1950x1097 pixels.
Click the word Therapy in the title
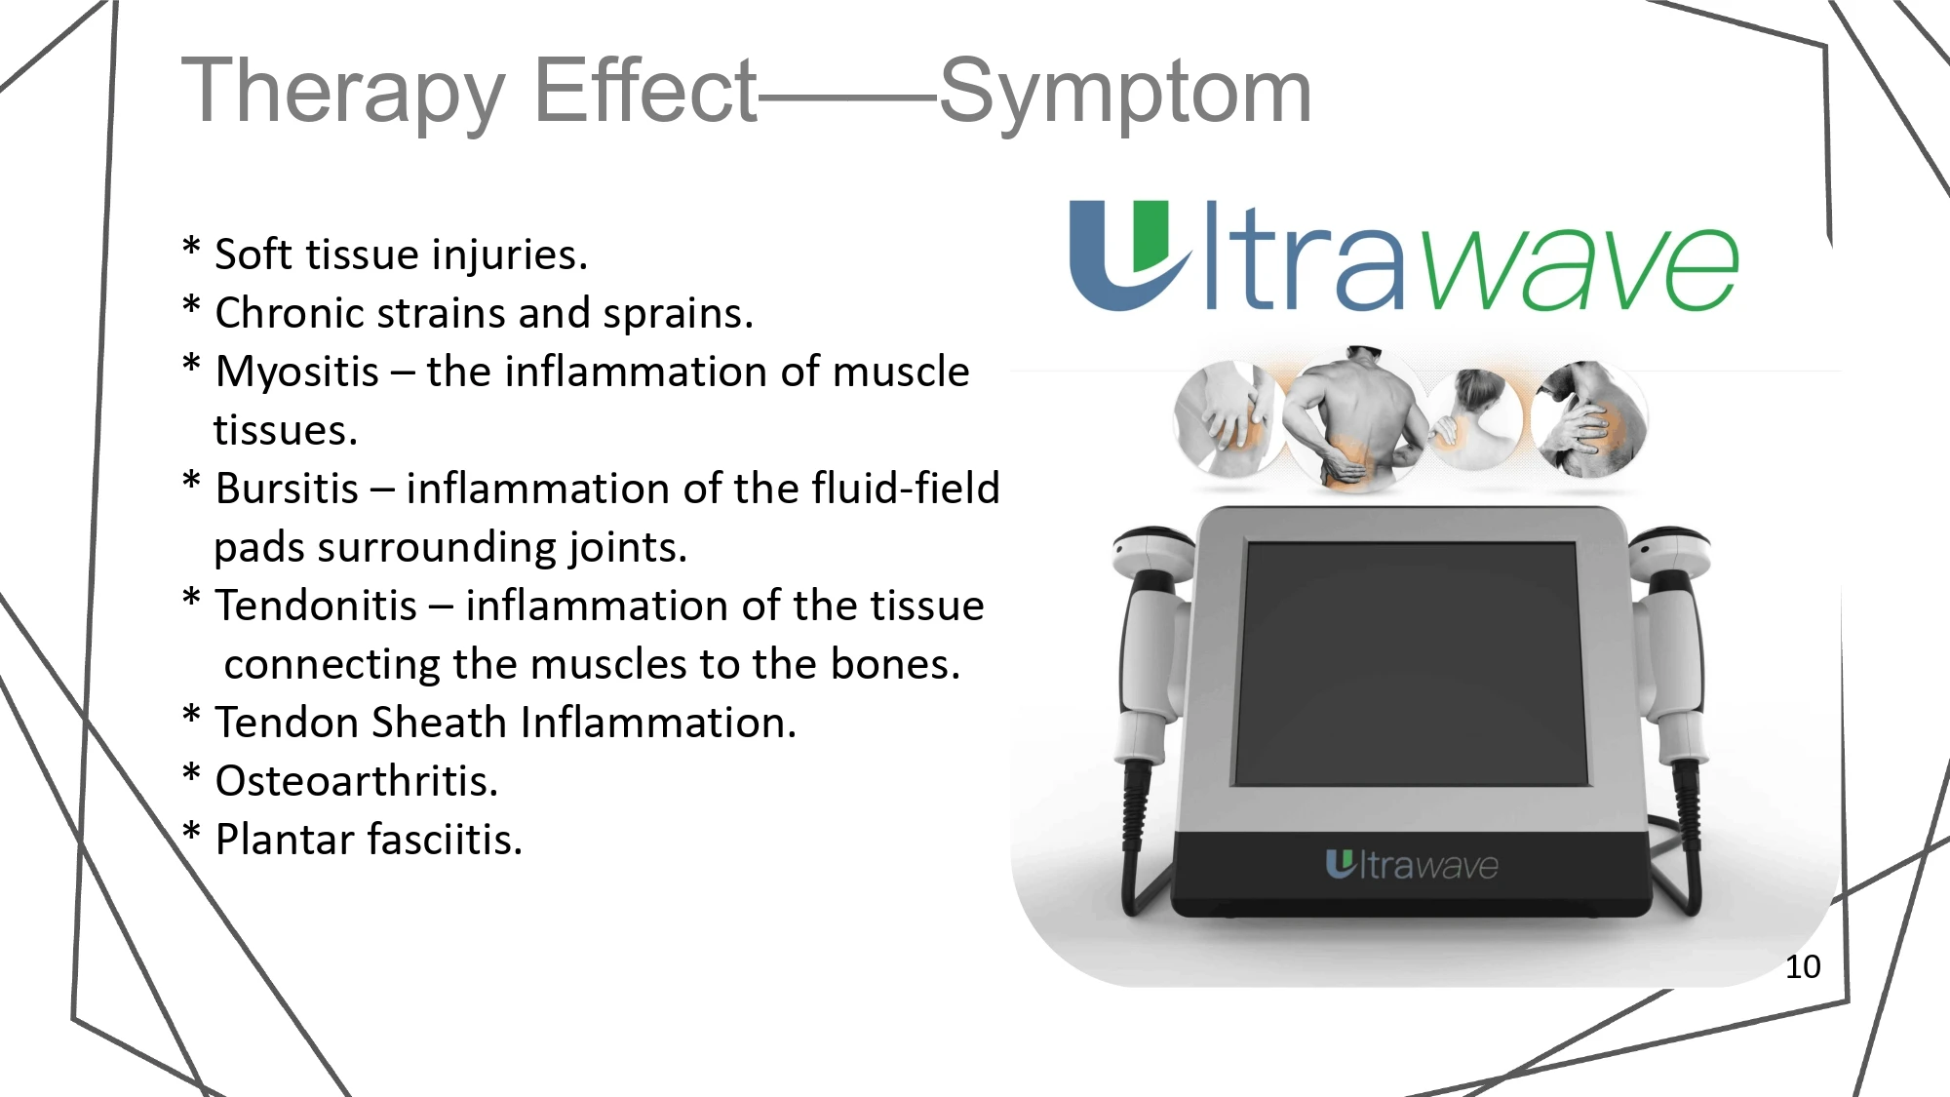pos(343,93)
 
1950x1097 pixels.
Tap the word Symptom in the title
pos(1125,93)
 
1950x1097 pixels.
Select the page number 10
pos(1803,966)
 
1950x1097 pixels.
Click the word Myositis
pos(296,372)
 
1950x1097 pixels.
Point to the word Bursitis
pos(287,489)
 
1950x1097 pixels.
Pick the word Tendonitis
pos(316,606)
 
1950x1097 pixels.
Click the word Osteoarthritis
pos(356,781)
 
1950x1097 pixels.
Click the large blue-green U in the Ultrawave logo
pos(1128,255)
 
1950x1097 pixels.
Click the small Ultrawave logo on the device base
pos(1411,865)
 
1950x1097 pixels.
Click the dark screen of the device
pos(1411,663)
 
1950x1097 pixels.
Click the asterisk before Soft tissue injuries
pos(191,248)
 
